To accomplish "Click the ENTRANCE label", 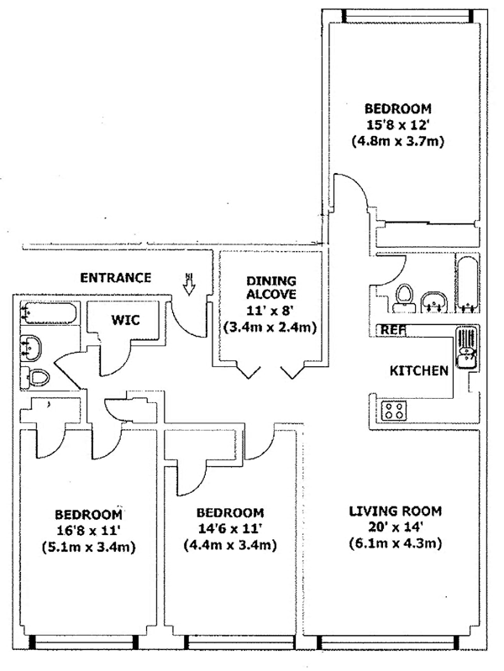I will click(115, 278).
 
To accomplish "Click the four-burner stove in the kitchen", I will click(395, 411).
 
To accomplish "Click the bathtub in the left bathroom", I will click(45, 316).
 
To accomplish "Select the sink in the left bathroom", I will click(34, 345).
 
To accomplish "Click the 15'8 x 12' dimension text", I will click(397, 125).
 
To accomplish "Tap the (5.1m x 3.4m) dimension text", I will click(89, 548).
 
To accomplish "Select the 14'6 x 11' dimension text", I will click(229, 528).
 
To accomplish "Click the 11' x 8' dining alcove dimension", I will click(267, 311).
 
